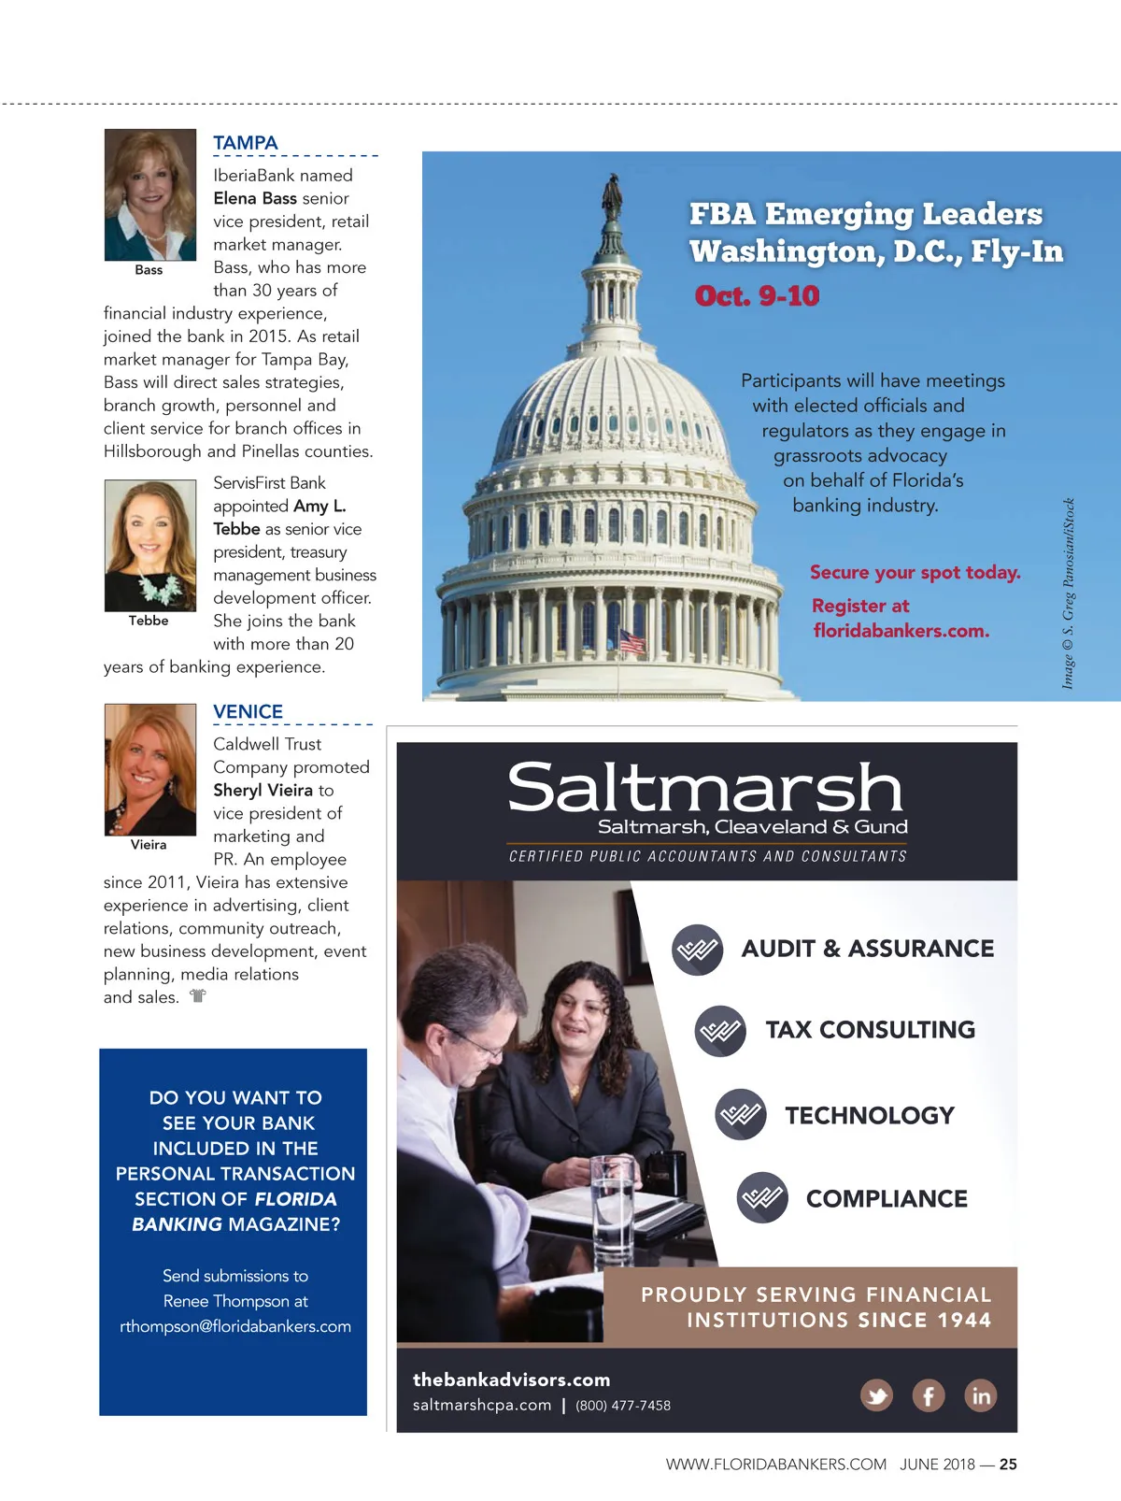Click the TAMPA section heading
tap(246, 143)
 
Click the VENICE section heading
tap(248, 711)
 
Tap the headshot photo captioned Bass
tap(150, 194)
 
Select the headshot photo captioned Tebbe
tap(150, 545)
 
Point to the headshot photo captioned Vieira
tap(150, 769)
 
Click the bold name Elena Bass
tap(255, 198)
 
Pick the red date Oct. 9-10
tap(757, 296)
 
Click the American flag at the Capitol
tap(631, 641)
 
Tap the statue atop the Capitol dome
tap(612, 195)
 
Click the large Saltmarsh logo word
tap(705, 787)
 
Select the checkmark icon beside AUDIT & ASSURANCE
tap(697, 950)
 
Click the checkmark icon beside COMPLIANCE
tap(762, 1197)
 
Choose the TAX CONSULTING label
tap(870, 1030)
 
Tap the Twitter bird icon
tap(876, 1395)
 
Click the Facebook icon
tap(929, 1395)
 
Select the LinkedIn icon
tap(980, 1395)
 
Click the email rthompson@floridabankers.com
tap(235, 1326)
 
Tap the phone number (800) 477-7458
tap(623, 1406)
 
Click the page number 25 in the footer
tap(1008, 1465)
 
